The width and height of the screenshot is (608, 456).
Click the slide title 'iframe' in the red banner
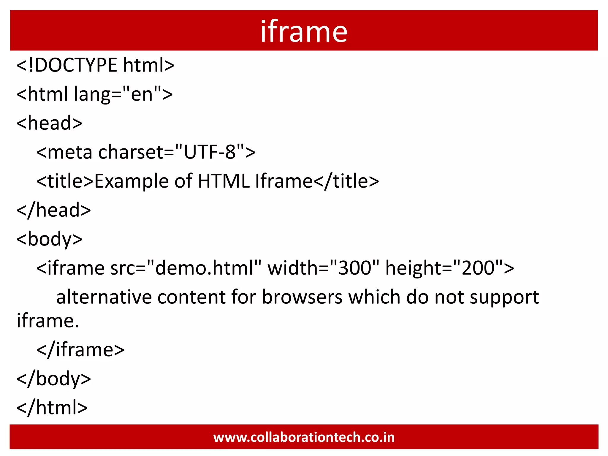pos(304,31)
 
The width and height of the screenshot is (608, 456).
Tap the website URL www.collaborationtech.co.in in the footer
pos(304,437)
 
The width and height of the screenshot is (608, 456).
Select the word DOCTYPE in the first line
pos(76,65)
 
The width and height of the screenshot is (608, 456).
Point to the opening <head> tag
pos(49,123)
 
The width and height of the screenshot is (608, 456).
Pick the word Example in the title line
pos(132,181)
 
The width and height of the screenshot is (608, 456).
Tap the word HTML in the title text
pos(224,181)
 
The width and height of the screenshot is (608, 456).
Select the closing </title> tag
pos(346,181)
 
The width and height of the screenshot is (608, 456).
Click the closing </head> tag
pos(54,210)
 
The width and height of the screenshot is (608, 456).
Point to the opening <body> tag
pos(49,239)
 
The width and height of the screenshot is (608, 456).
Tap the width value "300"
pos(354,268)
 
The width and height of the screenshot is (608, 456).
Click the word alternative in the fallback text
pos(104,297)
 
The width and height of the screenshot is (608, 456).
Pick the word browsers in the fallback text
pos(302,297)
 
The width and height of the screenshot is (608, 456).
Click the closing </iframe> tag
pos(80,349)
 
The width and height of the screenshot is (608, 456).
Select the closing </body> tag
pos(54,379)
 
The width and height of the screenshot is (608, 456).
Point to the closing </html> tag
pos(52,407)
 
